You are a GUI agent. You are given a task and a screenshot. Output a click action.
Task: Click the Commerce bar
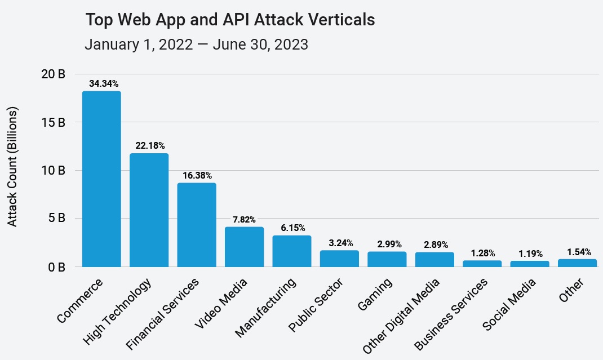tap(101, 179)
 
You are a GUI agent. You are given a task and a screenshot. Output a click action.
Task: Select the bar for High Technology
tap(149, 210)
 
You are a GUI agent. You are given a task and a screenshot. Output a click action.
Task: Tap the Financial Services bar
tap(197, 224)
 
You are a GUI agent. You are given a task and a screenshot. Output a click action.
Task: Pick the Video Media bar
tap(244, 247)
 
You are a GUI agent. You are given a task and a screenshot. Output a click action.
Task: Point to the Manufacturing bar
tap(292, 251)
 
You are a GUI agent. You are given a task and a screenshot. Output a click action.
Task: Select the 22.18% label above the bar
tap(149, 146)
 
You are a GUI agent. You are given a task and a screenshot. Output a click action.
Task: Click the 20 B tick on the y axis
tap(54, 74)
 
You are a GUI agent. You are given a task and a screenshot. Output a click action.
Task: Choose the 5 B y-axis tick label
tap(56, 218)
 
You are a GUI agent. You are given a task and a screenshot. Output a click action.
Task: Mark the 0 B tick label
tap(56, 266)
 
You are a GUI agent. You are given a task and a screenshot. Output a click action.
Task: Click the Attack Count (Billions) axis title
tap(13, 166)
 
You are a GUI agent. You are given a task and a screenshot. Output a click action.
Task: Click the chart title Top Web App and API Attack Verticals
tap(230, 20)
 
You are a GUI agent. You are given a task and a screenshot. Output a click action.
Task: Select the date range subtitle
tap(196, 45)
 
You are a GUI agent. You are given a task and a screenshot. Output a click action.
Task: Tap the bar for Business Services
tap(482, 263)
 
